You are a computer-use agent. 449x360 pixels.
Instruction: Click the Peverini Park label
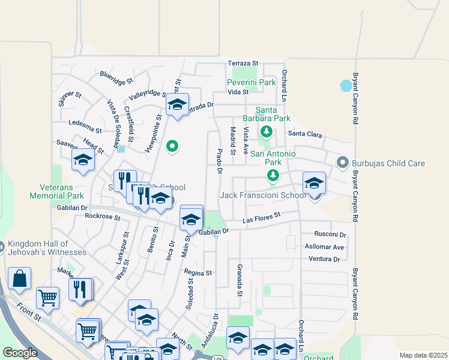pyautogui.click(x=251, y=82)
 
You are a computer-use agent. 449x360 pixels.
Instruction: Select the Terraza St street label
pyautogui.click(x=243, y=63)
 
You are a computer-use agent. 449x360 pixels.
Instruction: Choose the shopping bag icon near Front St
pyautogui.click(x=20, y=278)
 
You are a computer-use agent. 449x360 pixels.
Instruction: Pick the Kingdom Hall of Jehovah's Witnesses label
pyautogui.click(x=47, y=248)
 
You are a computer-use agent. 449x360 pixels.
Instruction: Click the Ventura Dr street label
pyautogui.click(x=324, y=259)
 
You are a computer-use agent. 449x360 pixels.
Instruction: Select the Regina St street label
pyautogui.click(x=198, y=273)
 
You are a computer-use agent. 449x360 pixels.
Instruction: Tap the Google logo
pyautogui.click(x=20, y=353)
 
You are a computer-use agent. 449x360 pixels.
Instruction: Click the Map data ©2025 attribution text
pyautogui.click(x=423, y=355)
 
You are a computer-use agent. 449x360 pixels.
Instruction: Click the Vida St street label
pyautogui.click(x=238, y=92)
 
